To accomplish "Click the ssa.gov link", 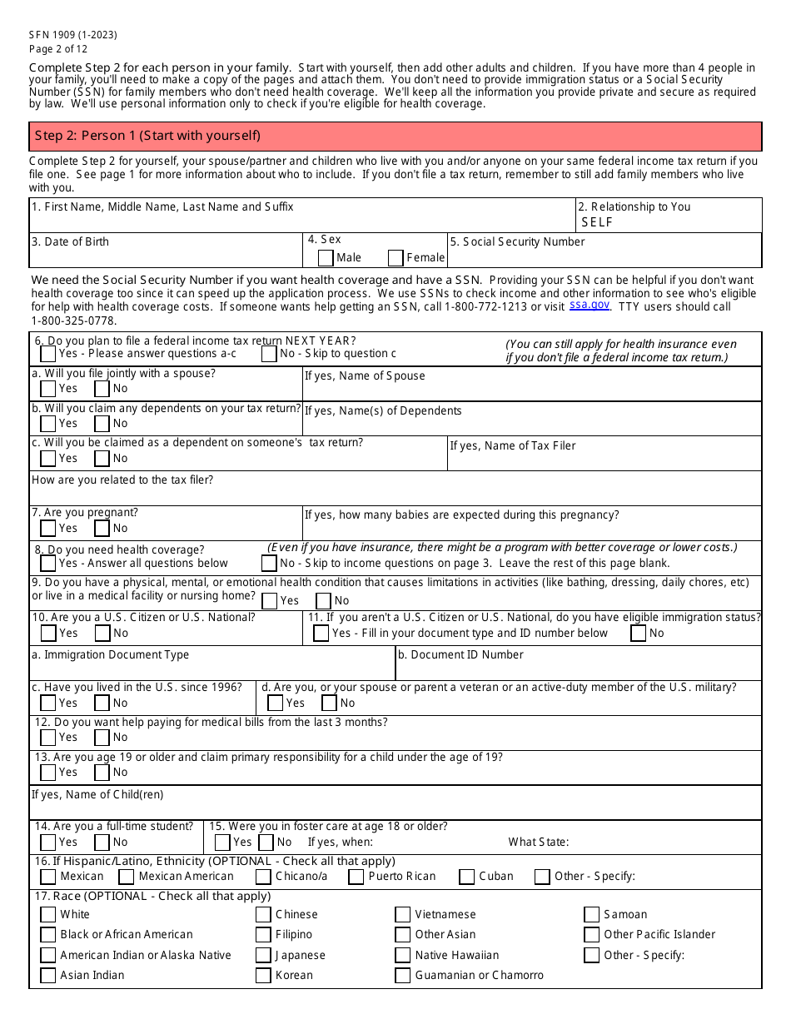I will pyautogui.click(x=589, y=306).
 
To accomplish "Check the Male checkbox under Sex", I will pyautogui.click(x=326, y=258).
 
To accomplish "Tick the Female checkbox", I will pyautogui.click(x=395, y=258).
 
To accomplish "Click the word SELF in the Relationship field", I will pyautogui.click(x=597, y=222).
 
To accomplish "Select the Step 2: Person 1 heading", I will pyautogui.click(x=147, y=136).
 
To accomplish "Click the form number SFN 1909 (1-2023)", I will pyautogui.click(x=73, y=35).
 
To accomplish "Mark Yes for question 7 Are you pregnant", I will pyautogui.click(x=48, y=529).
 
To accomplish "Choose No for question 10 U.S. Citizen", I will pyautogui.click(x=102, y=634).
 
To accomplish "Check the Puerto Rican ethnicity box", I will pyautogui.click(x=356, y=877).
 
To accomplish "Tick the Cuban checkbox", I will pyautogui.click(x=466, y=877).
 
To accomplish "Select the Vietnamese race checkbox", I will pyautogui.click(x=402, y=915).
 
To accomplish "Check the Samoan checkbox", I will pyautogui.click(x=591, y=915).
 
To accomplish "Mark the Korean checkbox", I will pyautogui.click(x=263, y=976).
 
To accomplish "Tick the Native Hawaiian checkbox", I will pyautogui.click(x=402, y=956).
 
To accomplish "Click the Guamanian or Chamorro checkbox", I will pyautogui.click(x=402, y=976).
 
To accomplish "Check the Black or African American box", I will pyautogui.click(x=48, y=935).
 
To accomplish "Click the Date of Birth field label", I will pyautogui.click(x=70, y=242).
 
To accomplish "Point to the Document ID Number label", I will pyautogui.click(x=460, y=655).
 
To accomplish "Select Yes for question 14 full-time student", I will pyautogui.click(x=48, y=843).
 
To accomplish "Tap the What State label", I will pyautogui.click(x=539, y=843).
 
